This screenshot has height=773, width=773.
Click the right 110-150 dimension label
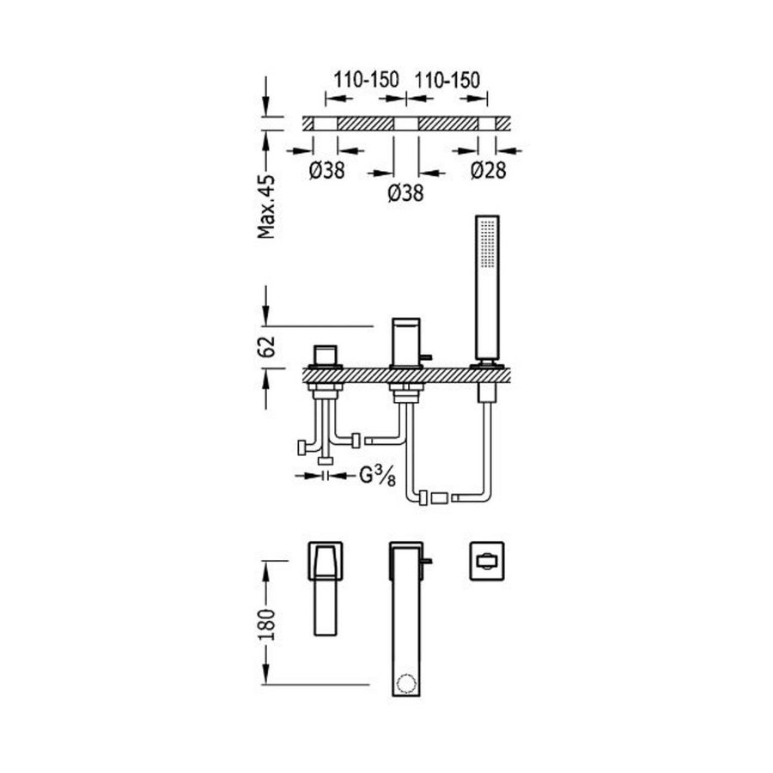click(x=447, y=80)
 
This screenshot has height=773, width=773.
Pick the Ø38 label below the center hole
click(x=405, y=194)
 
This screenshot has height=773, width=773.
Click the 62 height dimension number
click(x=268, y=347)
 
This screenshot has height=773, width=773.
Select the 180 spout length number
click(x=269, y=621)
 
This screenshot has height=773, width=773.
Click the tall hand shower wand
click(x=486, y=288)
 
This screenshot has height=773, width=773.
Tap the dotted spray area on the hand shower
click(x=486, y=245)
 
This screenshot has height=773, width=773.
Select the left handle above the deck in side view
click(x=326, y=356)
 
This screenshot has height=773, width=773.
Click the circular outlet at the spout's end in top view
click(x=405, y=685)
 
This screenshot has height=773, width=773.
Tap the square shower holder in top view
click(x=486, y=562)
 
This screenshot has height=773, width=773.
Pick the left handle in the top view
click(x=326, y=590)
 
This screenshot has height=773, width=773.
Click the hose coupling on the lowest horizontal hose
click(x=440, y=496)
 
